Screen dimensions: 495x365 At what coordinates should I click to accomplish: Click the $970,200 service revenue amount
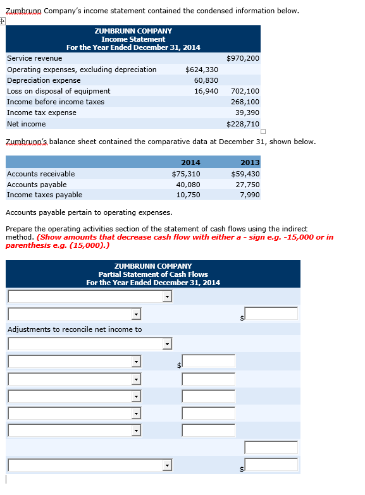pos(242,58)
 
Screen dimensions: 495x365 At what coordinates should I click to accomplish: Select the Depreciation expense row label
pos(44,80)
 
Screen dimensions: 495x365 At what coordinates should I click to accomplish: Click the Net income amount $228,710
pos(242,124)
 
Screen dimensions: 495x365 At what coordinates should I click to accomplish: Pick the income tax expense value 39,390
pos(247,113)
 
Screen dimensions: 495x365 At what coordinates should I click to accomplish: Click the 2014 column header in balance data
pos(190,162)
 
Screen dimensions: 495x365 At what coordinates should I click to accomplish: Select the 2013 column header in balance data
pos(250,162)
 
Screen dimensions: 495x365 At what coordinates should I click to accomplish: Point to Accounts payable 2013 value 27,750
pos(247,185)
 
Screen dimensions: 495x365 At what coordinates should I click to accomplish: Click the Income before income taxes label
pos(56,102)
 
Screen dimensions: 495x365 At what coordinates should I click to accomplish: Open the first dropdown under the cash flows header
pos(90,296)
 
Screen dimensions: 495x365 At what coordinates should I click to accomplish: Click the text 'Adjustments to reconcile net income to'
pos(75,329)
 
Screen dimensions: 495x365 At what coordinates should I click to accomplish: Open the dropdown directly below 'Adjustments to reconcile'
pos(90,344)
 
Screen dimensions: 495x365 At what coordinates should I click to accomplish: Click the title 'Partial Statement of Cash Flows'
pos(153,274)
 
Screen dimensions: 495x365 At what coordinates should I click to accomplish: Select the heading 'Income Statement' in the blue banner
pos(133,39)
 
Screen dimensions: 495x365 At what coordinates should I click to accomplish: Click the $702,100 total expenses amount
pos(245,91)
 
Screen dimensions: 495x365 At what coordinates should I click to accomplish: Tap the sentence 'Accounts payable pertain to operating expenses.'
pos(89,212)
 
